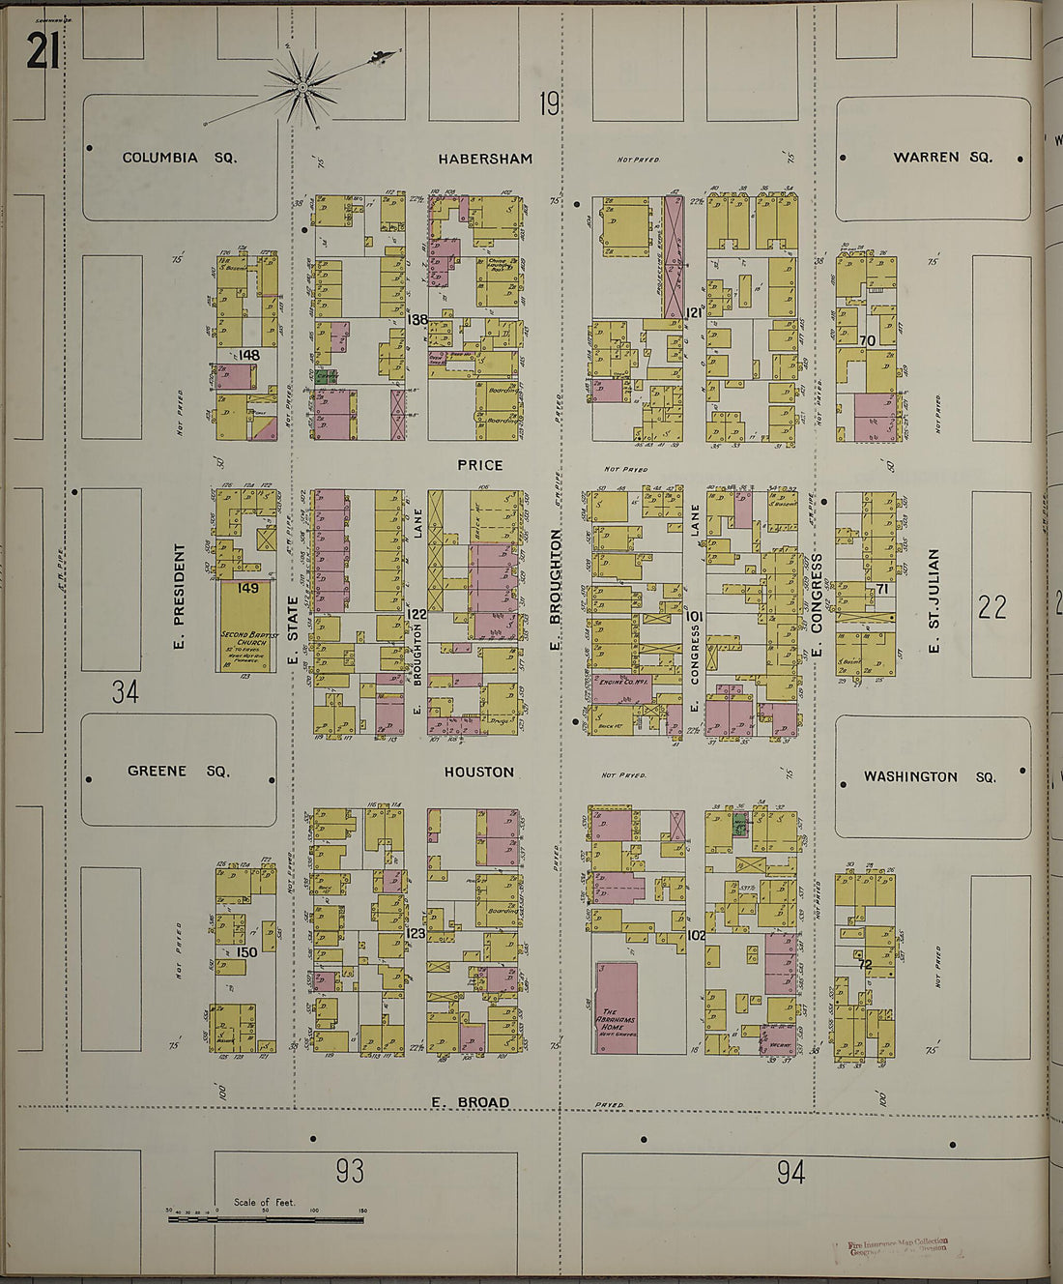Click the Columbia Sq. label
click(x=180, y=158)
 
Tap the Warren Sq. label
click(x=941, y=157)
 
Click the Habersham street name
click(x=484, y=159)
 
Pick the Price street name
click(x=480, y=465)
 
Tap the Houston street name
click(x=479, y=772)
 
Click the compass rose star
click(x=302, y=87)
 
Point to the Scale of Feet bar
click(x=266, y=1219)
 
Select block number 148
click(x=249, y=355)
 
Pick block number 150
click(x=246, y=952)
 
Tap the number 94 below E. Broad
click(x=790, y=1173)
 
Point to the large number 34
click(x=125, y=691)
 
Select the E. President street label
click(x=180, y=596)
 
